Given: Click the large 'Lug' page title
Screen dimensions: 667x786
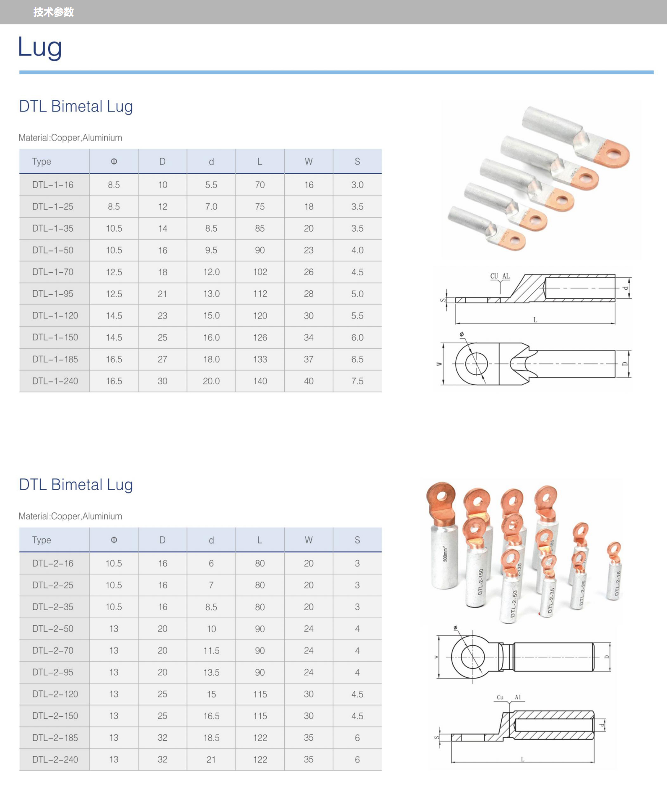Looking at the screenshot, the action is click(40, 47).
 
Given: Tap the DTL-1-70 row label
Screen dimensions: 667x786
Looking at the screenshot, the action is click(53, 272).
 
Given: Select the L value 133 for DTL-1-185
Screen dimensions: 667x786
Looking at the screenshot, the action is click(260, 359).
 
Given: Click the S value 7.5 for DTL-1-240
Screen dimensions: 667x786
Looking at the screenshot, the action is click(357, 381).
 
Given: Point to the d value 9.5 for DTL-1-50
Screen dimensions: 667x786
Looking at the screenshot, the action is click(211, 250).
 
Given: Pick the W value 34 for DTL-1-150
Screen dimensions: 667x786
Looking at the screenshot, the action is click(309, 337).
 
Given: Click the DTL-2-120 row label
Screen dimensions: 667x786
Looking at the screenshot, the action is click(55, 694).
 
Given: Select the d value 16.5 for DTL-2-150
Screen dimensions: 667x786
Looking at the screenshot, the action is click(211, 716).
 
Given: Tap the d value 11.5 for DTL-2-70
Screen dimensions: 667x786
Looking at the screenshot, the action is click(211, 650).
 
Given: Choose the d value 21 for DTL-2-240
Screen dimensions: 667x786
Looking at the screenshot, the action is click(211, 760).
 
